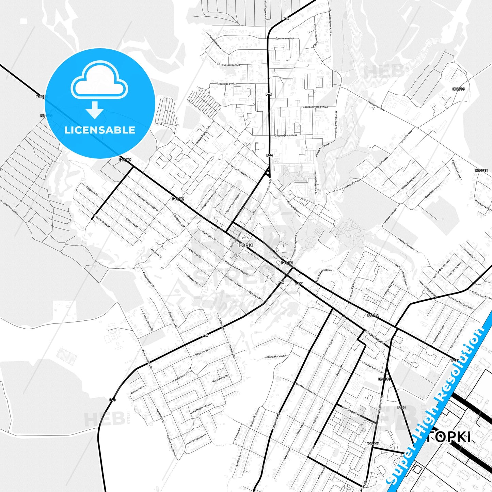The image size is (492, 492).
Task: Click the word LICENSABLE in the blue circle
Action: point(100,130)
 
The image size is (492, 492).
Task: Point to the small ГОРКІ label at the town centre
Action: point(246,245)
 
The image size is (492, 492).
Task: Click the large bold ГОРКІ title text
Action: point(449,437)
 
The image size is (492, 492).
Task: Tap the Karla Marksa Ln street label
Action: point(276,357)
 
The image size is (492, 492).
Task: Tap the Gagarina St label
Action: point(202,353)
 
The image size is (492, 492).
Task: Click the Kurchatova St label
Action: point(220,379)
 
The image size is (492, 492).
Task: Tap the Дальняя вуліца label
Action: point(285,38)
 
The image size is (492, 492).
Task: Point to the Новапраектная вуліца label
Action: point(314,107)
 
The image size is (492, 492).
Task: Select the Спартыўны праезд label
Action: point(286,135)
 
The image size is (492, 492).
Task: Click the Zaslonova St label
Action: point(275,421)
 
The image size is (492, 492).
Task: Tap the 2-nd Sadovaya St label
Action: point(148,321)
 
